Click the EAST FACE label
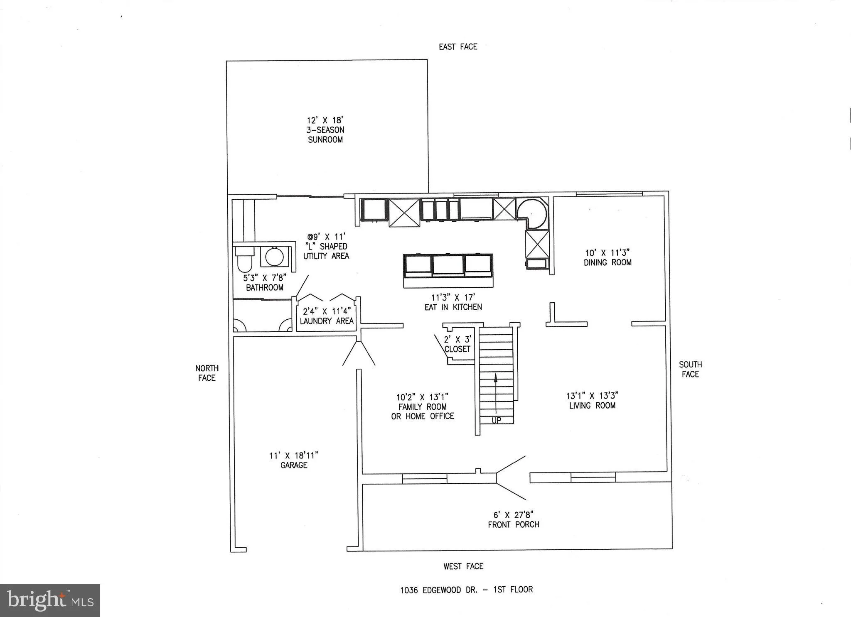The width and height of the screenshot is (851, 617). tap(458, 47)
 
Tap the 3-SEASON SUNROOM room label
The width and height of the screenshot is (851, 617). tap(325, 135)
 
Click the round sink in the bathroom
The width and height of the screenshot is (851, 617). tap(274, 257)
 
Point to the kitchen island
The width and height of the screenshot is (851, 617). tap(448, 270)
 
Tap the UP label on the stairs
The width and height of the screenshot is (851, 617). tap(496, 420)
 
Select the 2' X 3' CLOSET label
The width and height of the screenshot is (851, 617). tap(457, 344)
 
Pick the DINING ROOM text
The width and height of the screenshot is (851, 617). tap(608, 262)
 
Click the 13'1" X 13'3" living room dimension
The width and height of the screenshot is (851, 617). tap(592, 396)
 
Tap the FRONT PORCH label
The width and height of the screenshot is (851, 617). tap(514, 524)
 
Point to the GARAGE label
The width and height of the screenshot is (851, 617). tap(294, 465)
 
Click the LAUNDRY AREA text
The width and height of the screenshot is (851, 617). tap(327, 321)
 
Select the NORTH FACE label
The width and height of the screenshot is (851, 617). tap(207, 373)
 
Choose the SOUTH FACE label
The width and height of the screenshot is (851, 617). tap(690, 369)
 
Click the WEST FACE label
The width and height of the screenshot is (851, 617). tap(463, 566)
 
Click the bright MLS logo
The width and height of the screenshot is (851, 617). tap(50, 600)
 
